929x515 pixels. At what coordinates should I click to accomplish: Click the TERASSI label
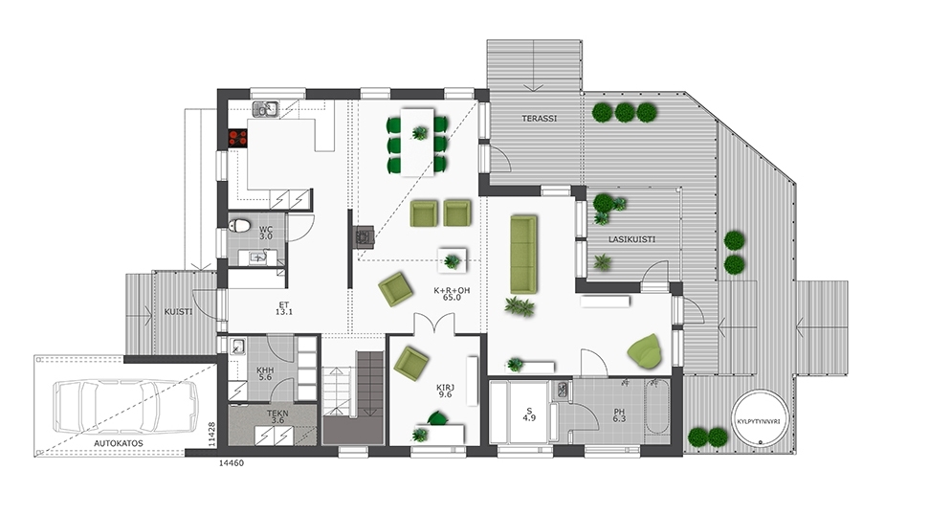click(540, 119)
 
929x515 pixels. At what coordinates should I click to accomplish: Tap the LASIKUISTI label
click(632, 239)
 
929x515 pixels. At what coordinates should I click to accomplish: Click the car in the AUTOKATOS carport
click(125, 406)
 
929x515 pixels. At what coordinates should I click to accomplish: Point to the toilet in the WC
click(239, 226)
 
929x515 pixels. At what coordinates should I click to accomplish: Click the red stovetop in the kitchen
click(238, 139)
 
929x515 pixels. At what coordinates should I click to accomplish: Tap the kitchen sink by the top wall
click(265, 109)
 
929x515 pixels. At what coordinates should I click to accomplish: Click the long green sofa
click(523, 255)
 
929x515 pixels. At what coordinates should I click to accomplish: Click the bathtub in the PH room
click(657, 407)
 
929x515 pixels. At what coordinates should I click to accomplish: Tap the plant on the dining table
click(419, 133)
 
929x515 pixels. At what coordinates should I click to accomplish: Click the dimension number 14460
click(232, 463)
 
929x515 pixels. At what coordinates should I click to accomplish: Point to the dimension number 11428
click(211, 434)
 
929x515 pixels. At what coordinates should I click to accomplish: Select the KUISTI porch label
click(178, 312)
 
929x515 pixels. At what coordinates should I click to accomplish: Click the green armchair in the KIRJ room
click(410, 362)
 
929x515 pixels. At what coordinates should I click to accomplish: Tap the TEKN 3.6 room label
click(277, 416)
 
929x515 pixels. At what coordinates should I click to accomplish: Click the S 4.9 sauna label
click(529, 414)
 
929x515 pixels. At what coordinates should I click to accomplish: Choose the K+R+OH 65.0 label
click(452, 294)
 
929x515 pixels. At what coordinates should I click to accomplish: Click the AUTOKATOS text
click(119, 443)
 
